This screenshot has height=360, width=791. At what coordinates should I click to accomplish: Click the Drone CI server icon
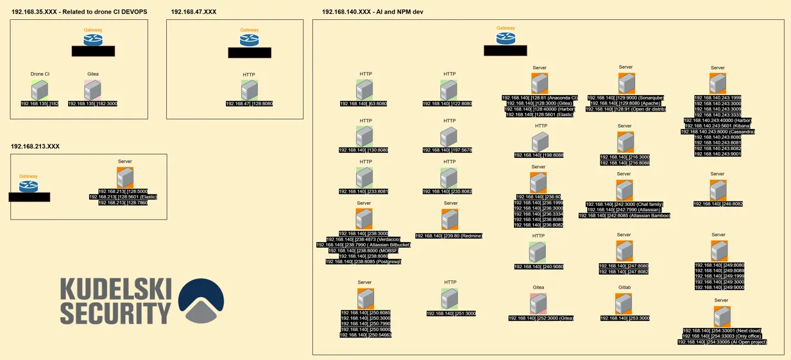[40, 89]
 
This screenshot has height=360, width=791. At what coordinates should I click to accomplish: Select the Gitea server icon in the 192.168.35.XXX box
[92, 89]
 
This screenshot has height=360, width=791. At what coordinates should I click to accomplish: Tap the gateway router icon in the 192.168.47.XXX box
[249, 40]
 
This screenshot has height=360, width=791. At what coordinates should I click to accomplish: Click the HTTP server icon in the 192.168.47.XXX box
[249, 89]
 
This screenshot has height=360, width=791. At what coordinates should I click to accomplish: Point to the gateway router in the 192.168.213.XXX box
[28, 186]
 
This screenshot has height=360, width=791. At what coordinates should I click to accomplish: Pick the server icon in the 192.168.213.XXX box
[125, 177]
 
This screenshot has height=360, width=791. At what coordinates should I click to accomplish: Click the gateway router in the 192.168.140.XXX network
[506, 38]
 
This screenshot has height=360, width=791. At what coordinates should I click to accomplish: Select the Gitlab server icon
[624, 304]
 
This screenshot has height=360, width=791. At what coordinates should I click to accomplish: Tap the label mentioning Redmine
[448, 236]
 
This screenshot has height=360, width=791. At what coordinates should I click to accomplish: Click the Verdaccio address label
[364, 239]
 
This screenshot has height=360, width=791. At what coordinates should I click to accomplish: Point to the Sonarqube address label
[625, 98]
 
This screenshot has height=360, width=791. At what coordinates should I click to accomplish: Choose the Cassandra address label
[718, 132]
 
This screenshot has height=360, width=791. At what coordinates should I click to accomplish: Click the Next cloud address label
[722, 330]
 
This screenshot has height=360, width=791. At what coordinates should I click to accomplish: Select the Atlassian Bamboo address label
[624, 216]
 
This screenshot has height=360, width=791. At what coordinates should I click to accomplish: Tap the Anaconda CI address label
[540, 98]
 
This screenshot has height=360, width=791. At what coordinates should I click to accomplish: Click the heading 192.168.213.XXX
[35, 147]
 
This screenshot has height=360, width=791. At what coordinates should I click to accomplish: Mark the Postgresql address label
[363, 262]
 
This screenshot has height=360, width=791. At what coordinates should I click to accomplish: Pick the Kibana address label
[718, 126]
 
